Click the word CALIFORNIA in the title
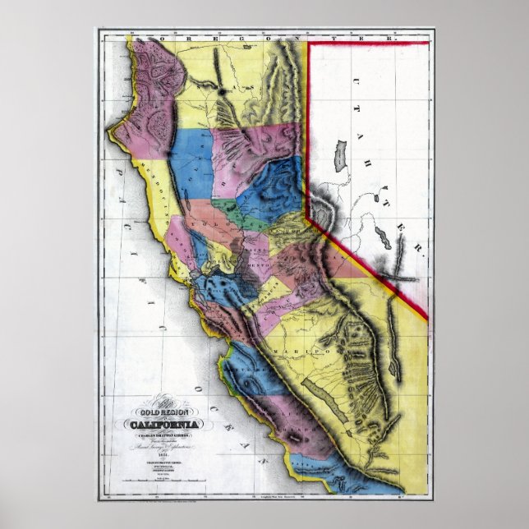pos(166,424)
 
